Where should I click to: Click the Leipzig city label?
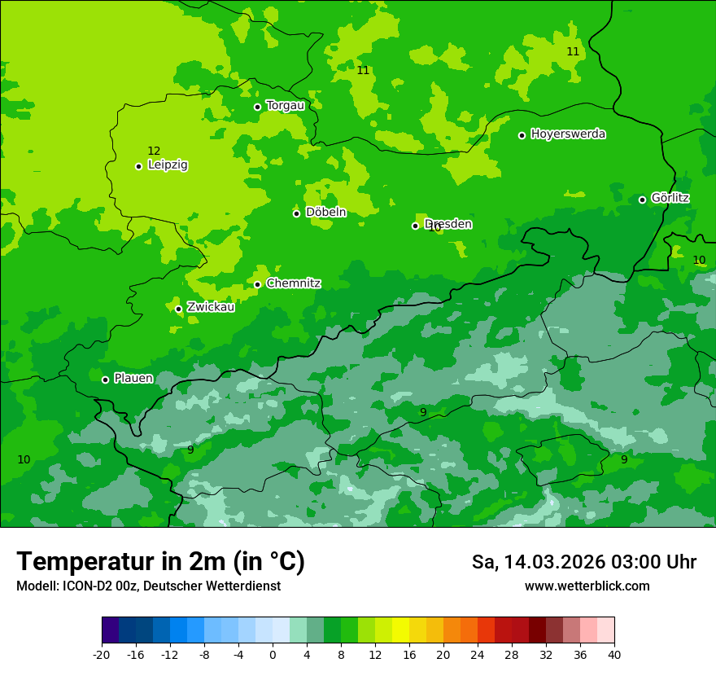click(x=168, y=165)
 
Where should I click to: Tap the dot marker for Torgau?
click(x=257, y=107)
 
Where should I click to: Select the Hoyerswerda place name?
click(x=568, y=134)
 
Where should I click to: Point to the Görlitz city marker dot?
click(x=642, y=200)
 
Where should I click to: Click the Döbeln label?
click(x=325, y=212)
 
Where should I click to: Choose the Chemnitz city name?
click(x=293, y=283)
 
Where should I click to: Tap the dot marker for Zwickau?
click(x=178, y=309)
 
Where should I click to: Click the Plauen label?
click(x=133, y=378)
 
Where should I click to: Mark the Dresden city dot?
click(x=415, y=226)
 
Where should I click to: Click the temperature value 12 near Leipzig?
click(x=154, y=151)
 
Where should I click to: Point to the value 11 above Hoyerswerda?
click(x=573, y=51)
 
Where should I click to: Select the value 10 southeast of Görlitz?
click(x=699, y=260)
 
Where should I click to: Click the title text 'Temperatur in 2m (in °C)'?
click(x=160, y=561)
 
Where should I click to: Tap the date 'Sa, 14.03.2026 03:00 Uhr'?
click(x=583, y=562)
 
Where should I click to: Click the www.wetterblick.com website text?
click(x=587, y=586)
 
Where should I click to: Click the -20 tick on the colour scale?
click(x=102, y=654)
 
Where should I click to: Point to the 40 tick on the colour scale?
click(x=614, y=654)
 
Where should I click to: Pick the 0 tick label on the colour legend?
click(x=273, y=654)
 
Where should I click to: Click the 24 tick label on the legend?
click(x=478, y=654)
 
